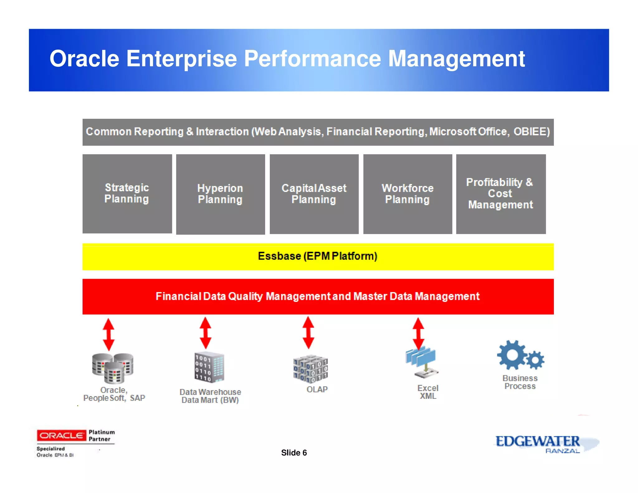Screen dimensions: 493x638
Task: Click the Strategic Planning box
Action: point(127,194)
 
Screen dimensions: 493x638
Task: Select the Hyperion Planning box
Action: point(220,194)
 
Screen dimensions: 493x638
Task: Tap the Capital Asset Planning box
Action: point(314,194)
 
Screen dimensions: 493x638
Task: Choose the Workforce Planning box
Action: point(407,194)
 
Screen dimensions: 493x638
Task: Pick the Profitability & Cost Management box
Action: point(501,194)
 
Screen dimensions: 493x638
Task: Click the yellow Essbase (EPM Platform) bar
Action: point(318,256)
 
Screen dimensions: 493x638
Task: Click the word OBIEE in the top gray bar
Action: point(531,132)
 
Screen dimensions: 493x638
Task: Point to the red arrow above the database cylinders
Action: point(108,334)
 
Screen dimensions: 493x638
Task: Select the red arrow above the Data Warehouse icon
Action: point(205,333)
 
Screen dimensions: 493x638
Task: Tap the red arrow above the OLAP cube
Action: point(308,333)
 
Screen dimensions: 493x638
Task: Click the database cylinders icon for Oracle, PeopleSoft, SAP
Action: point(113,368)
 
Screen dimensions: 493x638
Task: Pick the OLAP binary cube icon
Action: point(310,369)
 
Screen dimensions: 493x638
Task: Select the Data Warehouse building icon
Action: point(209,367)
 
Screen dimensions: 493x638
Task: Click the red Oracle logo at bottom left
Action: point(61,435)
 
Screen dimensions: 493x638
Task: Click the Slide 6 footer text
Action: point(294,452)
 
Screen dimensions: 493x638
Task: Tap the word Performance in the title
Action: point(312,59)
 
